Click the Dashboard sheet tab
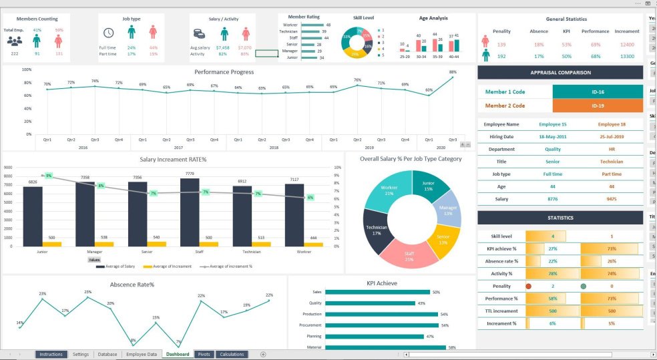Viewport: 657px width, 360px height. click(x=178, y=354)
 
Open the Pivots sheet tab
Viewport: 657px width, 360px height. click(x=204, y=354)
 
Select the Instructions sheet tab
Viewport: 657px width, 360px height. click(x=51, y=354)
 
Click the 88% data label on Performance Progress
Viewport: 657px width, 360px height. click(x=453, y=72)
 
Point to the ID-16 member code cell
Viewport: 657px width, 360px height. click(x=598, y=92)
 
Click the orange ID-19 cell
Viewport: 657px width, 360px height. click(x=598, y=106)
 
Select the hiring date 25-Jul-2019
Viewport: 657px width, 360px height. click(x=612, y=136)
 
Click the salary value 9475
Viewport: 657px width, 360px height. click(x=612, y=199)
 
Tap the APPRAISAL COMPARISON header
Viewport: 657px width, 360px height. click(x=560, y=73)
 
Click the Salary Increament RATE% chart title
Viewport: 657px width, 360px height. click(x=173, y=160)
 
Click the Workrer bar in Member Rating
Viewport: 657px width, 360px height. click(x=312, y=25)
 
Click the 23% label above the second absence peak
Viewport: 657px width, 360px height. click(x=87, y=292)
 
